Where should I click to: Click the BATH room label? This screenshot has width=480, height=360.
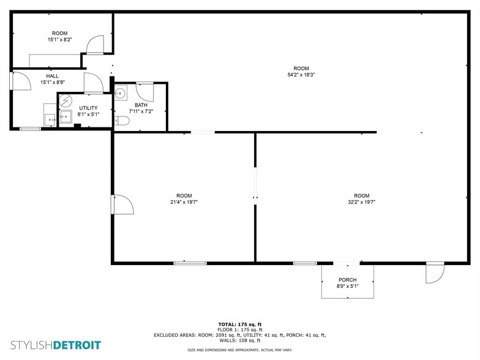(x=140, y=105)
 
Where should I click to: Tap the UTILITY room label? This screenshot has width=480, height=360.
(x=88, y=108)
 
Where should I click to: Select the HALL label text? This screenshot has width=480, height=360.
(x=52, y=76)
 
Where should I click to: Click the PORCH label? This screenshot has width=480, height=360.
(x=347, y=280)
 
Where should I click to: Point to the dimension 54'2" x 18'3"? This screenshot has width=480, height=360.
(x=301, y=75)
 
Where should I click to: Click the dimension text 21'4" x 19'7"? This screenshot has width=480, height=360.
(x=184, y=202)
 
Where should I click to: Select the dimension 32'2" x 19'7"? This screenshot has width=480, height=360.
(x=361, y=202)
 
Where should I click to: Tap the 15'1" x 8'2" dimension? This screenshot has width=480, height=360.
(x=59, y=40)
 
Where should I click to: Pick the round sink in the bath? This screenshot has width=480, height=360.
(x=121, y=92)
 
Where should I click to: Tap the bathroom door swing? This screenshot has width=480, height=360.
(x=145, y=92)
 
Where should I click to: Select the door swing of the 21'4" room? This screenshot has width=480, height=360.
(x=121, y=204)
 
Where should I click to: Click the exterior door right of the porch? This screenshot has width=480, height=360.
(x=435, y=272)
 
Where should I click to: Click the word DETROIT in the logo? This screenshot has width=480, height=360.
(x=77, y=345)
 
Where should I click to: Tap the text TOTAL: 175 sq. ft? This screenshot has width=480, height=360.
(x=239, y=324)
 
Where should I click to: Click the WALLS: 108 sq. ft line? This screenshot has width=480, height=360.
(x=239, y=340)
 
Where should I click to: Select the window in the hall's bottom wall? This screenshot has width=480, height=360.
(x=30, y=129)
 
